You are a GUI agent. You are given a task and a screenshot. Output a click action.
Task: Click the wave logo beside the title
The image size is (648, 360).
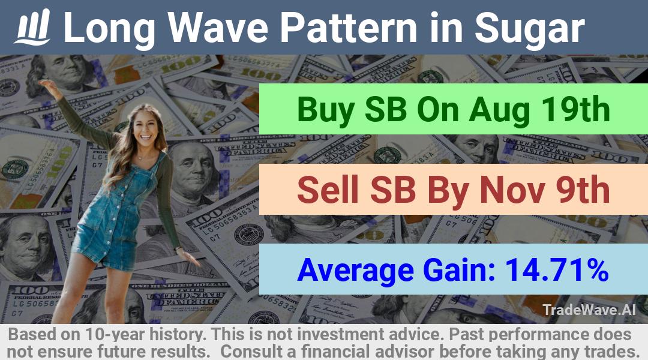32,27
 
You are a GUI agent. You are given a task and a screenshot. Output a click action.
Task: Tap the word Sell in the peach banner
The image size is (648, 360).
328,190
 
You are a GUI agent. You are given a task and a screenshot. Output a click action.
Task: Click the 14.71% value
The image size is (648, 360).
556,269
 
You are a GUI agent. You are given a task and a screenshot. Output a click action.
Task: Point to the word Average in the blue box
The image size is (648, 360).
355,271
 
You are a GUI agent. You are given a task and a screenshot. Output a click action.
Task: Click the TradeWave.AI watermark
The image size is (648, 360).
589,310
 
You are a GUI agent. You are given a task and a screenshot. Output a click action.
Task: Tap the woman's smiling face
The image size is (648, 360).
145,128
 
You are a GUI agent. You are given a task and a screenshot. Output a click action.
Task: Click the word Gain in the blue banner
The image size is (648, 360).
460,269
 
